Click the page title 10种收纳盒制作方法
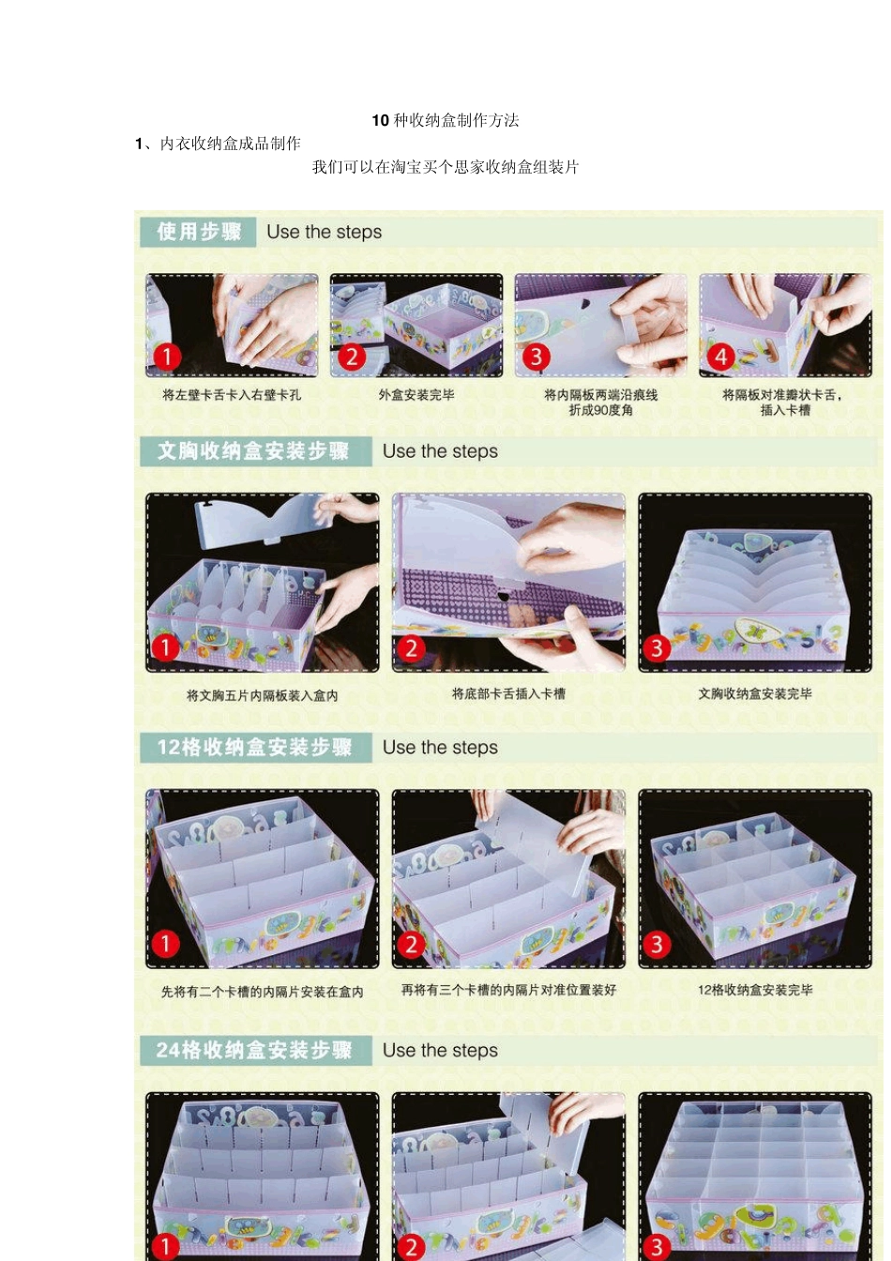click(445, 120)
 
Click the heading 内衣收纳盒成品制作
click(230, 144)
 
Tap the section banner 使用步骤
click(199, 232)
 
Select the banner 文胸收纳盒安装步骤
click(253, 451)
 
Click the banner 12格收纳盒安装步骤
click(254, 748)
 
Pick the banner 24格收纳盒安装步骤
click(254, 1051)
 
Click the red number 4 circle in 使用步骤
click(720, 357)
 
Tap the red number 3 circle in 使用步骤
click(536, 357)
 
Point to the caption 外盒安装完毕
click(416, 395)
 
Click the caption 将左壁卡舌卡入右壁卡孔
click(232, 395)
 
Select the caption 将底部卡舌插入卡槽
click(508, 694)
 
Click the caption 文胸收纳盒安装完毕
click(755, 694)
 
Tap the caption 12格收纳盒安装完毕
click(755, 990)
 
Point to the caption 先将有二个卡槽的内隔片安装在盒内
click(262, 992)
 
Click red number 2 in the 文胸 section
click(411, 648)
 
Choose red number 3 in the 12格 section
click(657, 945)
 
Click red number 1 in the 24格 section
click(165, 1247)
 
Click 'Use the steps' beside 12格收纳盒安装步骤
click(440, 748)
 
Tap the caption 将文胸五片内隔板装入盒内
click(262, 696)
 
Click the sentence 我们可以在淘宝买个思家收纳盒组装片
click(445, 167)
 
